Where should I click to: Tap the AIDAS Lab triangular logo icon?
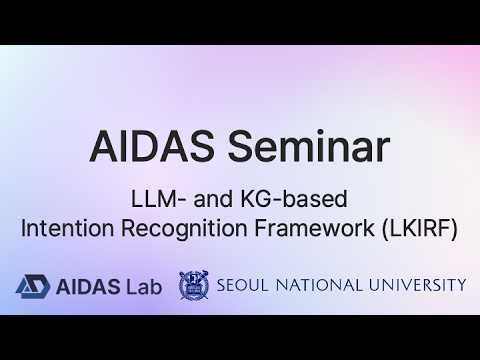tap(32, 286)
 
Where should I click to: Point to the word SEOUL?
tap(246, 286)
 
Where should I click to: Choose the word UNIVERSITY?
tap(421, 286)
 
